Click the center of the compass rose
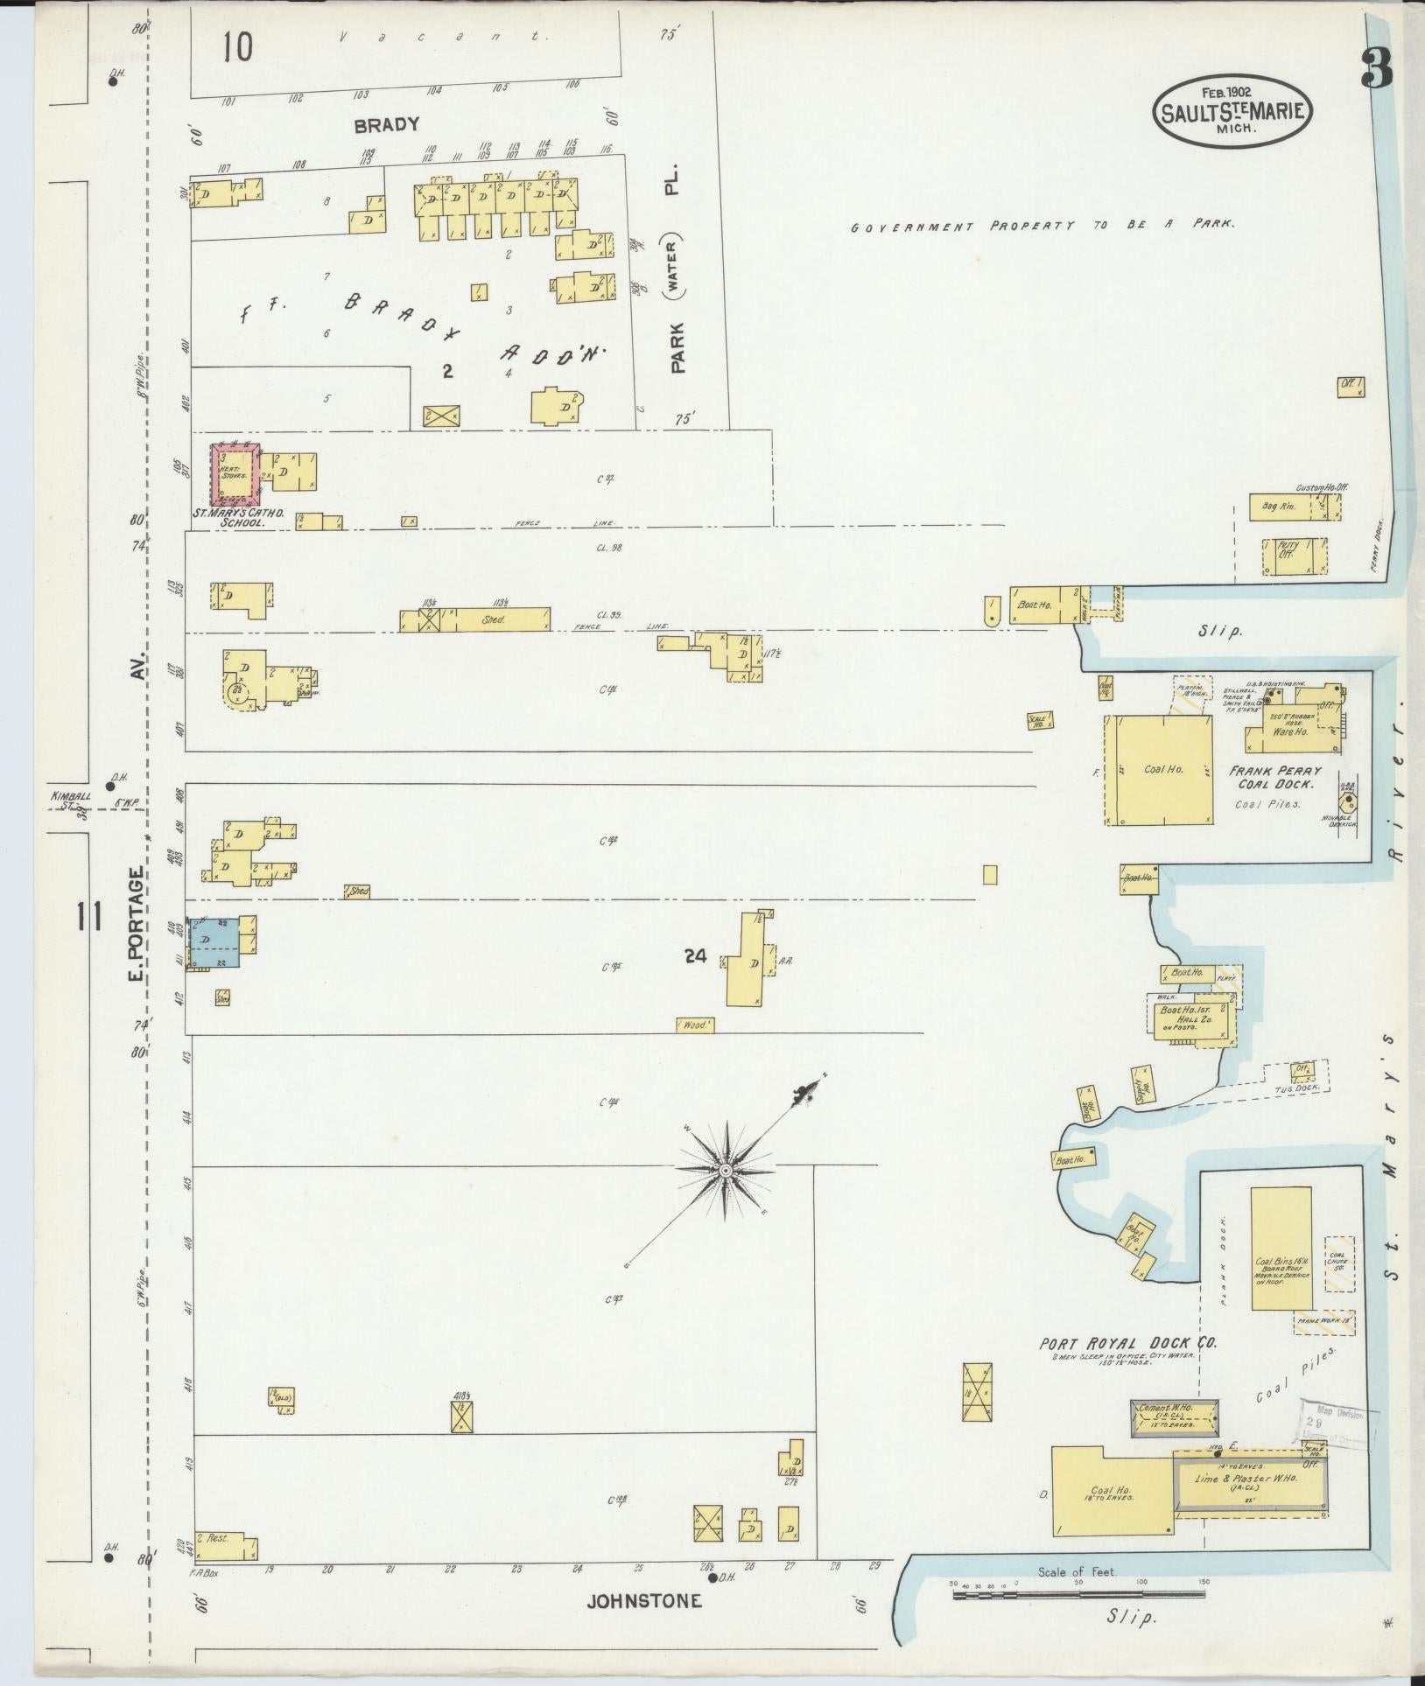coord(726,1171)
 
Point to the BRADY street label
coord(386,125)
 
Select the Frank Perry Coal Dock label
coord(1274,777)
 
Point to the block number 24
coord(696,957)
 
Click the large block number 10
coord(236,47)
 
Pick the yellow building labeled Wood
coord(695,1025)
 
